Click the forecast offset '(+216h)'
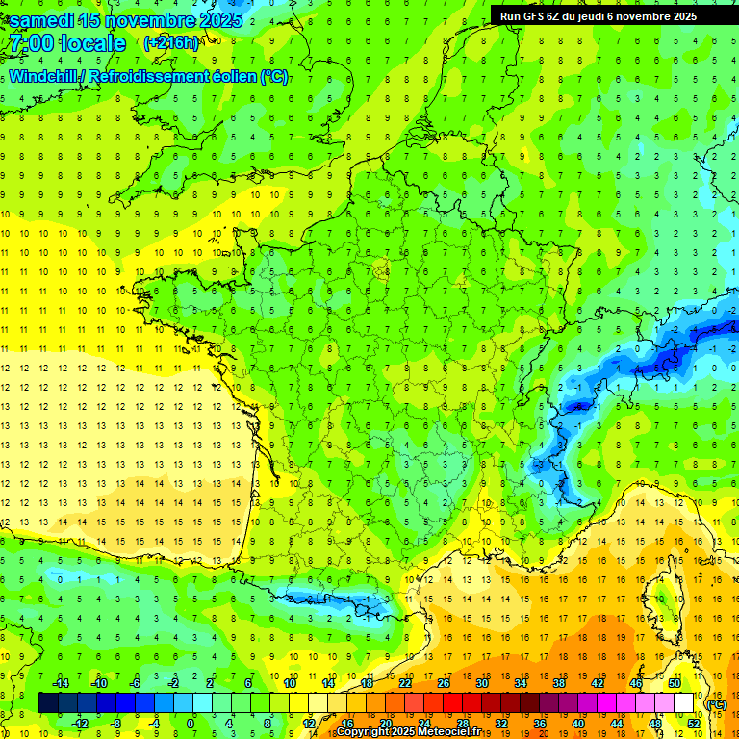click(x=171, y=43)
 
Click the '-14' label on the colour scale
click(x=60, y=683)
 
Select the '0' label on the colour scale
click(x=190, y=723)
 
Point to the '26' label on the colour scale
click(x=444, y=683)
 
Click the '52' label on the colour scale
click(x=694, y=723)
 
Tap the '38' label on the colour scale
click(x=559, y=683)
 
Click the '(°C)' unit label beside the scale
click(x=717, y=703)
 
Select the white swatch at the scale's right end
click(x=683, y=703)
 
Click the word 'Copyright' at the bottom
click(x=367, y=732)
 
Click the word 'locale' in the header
click(x=91, y=43)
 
